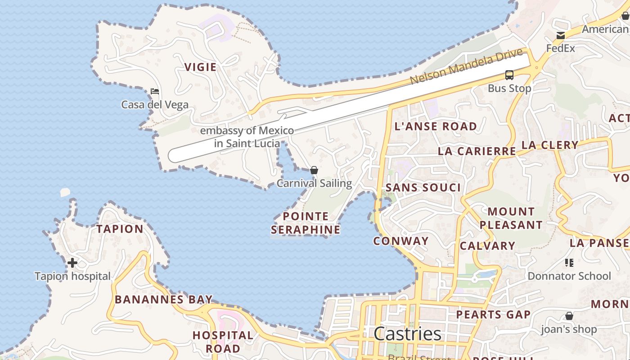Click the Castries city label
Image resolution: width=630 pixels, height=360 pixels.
(407, 334)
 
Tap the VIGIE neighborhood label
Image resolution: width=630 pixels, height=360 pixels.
(200, 67)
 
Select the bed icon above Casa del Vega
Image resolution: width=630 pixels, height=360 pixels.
(155, 91)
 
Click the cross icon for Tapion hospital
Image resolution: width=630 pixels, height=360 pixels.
(72, 263)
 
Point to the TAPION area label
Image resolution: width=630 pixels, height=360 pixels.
(120, 229)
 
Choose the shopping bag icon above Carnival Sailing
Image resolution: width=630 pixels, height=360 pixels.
(314, 170)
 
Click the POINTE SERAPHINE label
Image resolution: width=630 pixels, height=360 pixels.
(306, 223)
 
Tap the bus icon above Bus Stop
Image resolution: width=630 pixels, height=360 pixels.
(509, 75)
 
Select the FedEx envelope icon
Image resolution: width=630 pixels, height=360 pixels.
(561, 36)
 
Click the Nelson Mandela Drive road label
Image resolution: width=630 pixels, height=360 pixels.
(466, 66)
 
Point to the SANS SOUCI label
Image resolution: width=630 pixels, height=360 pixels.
(423, 188)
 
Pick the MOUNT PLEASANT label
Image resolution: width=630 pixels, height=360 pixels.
(511, 218)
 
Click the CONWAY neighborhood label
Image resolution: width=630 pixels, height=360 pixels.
(401, 241)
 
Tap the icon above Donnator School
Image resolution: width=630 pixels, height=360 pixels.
(569, 263)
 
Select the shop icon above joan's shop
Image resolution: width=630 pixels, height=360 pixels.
(569, 316)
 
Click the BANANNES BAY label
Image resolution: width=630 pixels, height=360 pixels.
(163, 299)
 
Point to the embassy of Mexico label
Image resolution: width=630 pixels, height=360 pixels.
(247, 137)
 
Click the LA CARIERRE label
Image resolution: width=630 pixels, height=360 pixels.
(477, 151)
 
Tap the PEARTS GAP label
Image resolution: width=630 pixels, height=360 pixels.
(493, 315)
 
